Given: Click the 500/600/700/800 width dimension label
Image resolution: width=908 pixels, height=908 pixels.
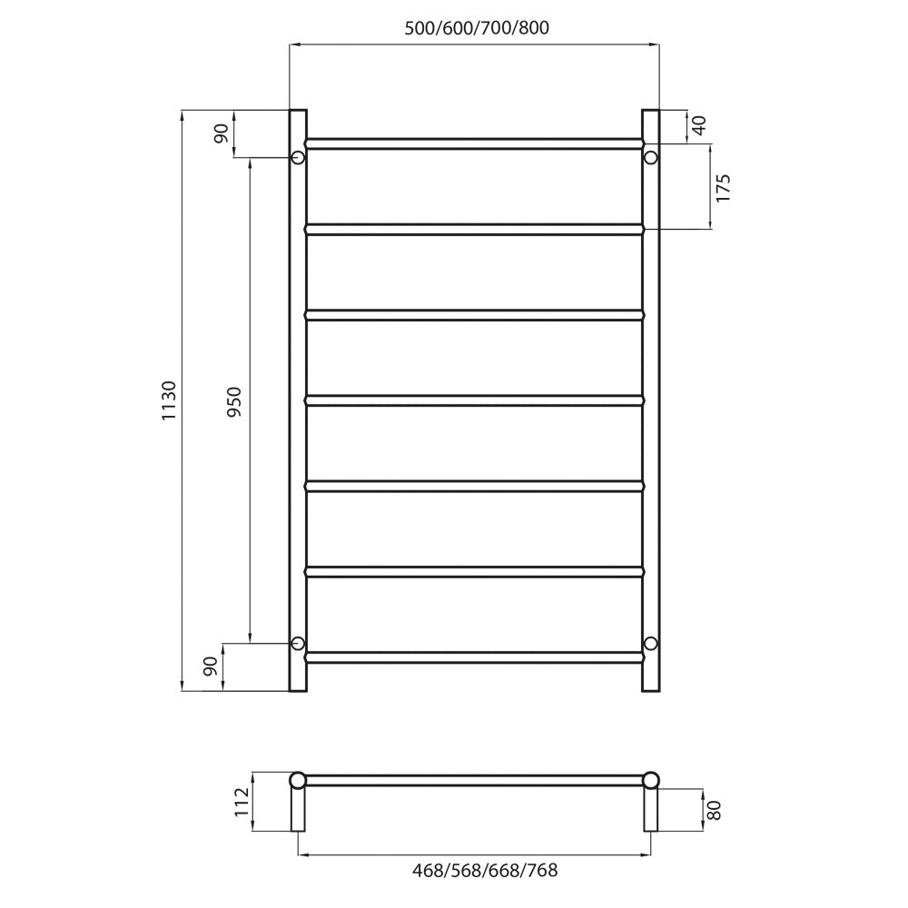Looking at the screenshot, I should point(477,27).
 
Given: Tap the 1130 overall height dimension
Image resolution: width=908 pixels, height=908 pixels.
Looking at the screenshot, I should point(168,400).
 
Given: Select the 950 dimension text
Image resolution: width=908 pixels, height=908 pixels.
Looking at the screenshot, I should point(233,400).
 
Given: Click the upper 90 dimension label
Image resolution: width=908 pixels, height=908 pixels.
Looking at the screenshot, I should point(221,133).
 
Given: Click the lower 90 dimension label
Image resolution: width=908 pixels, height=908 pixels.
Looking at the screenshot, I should point(211,667).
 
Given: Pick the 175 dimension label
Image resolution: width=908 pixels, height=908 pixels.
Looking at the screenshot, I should point(724,187).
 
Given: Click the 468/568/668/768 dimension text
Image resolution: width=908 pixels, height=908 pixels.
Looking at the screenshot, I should point(485,871).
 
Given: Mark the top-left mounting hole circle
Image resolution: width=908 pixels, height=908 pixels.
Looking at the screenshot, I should point(297,158).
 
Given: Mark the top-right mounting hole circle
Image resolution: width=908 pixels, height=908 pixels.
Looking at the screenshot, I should point(651,158).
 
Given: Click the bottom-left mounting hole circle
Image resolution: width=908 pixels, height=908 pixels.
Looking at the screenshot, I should point(297,643).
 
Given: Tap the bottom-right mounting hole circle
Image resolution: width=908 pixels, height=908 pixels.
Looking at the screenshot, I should point(651,643).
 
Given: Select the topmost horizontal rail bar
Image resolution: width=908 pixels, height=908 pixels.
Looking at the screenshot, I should point(474,143).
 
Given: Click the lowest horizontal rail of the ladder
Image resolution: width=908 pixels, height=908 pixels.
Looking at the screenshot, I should point(474,655).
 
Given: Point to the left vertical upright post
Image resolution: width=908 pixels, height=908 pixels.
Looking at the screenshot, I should point(298,400).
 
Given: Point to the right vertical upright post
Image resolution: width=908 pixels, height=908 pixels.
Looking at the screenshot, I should point(651,400).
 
